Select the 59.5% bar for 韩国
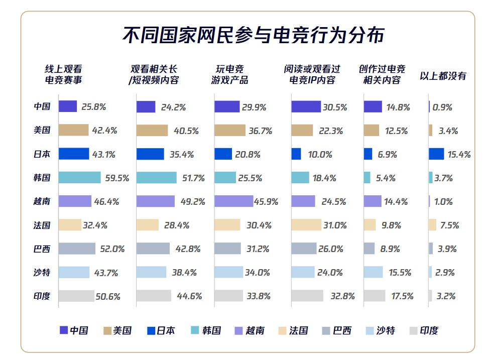coord(79,178)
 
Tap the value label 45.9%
coord(266,202)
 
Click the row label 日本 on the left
coord(42,154)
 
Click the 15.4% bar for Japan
coord(436,154)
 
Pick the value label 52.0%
coord(113,249)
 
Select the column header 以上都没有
coord(443,76)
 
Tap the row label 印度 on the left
coord(42,296)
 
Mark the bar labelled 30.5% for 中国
coord(306,107)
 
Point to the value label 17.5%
coord(402,296)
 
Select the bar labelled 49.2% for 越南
coord(155,201)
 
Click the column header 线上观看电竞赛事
coord(64,75)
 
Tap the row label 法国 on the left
coord(42,225)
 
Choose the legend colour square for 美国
coord(107,330)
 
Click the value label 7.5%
coord(449,225)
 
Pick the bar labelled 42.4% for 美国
coord(73,131)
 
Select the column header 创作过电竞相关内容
coord(382,75)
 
